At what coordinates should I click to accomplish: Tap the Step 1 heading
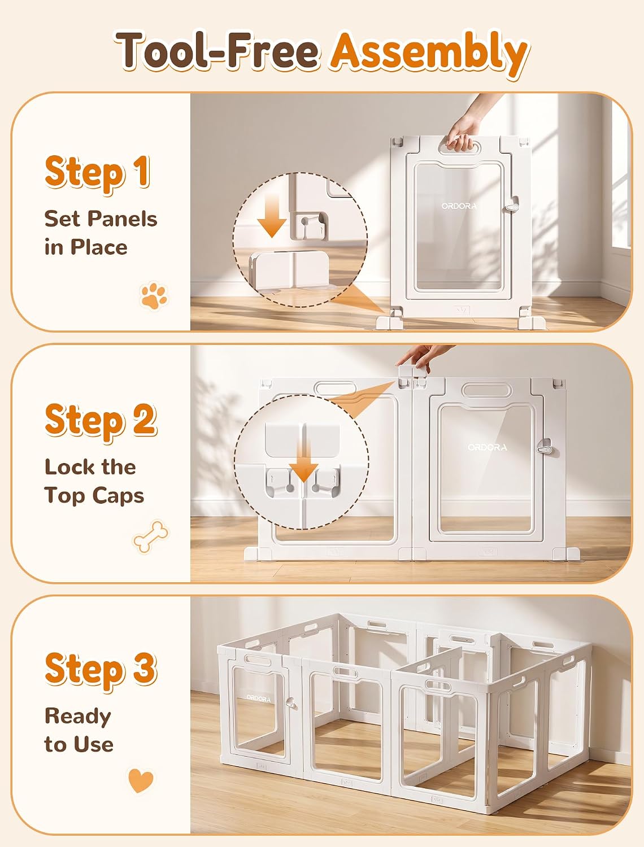[x=97, y=172]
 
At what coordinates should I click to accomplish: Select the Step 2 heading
[x=101, y=421]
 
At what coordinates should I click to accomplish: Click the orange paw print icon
[x=154, y=296]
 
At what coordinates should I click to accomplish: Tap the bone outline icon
[x=151, y=536]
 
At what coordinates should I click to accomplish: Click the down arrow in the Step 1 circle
[x=272, y=215]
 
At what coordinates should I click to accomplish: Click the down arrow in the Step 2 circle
[x=304, y=461]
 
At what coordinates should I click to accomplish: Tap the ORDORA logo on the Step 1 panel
[x=459, y=206]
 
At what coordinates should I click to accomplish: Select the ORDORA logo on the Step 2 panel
[x=488, y=447]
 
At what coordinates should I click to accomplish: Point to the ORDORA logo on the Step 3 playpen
[x=259, y=698]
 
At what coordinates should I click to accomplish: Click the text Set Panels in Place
[x=101, y=233]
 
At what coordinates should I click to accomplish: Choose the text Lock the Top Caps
[x=94, y=481]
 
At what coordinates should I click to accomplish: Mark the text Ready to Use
[x=79, y=730]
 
